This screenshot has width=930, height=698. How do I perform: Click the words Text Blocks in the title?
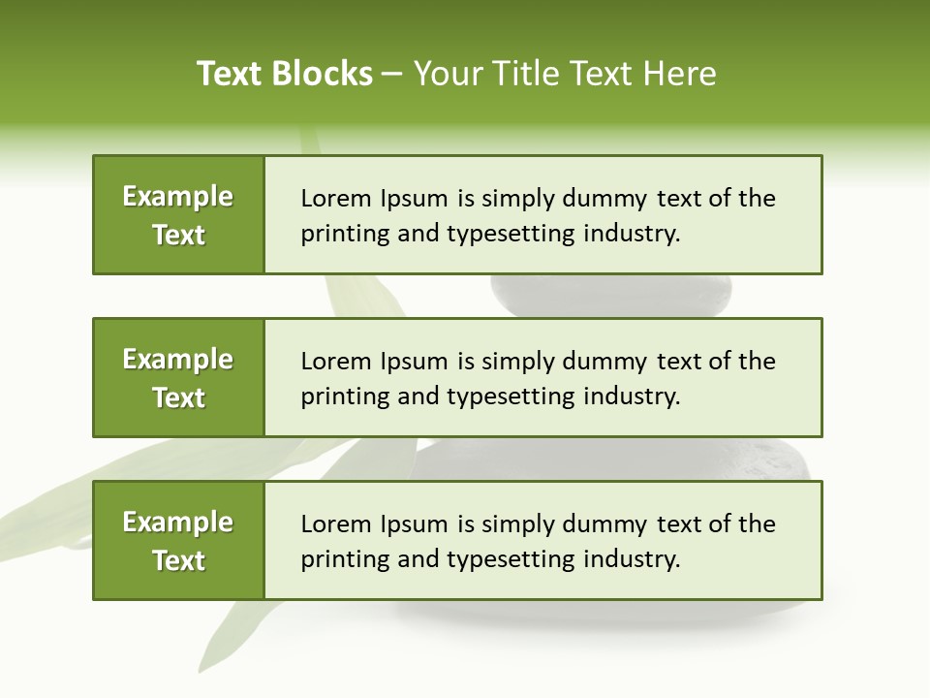pos(285,74)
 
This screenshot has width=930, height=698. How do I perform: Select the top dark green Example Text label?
pos(178,215)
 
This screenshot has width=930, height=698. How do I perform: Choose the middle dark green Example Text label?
pos(178,378)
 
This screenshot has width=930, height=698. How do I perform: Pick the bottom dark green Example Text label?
pos(178,541)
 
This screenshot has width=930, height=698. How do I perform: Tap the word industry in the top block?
pos(631,234)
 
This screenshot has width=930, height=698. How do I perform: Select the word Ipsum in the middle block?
pos(414,362)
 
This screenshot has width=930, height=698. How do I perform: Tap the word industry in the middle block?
pos(631,397)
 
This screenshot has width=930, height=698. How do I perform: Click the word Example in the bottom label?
pos(178,523)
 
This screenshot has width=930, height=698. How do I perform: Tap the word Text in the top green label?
pos(178,235)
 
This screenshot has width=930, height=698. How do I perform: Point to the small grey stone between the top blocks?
pos(610,296)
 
